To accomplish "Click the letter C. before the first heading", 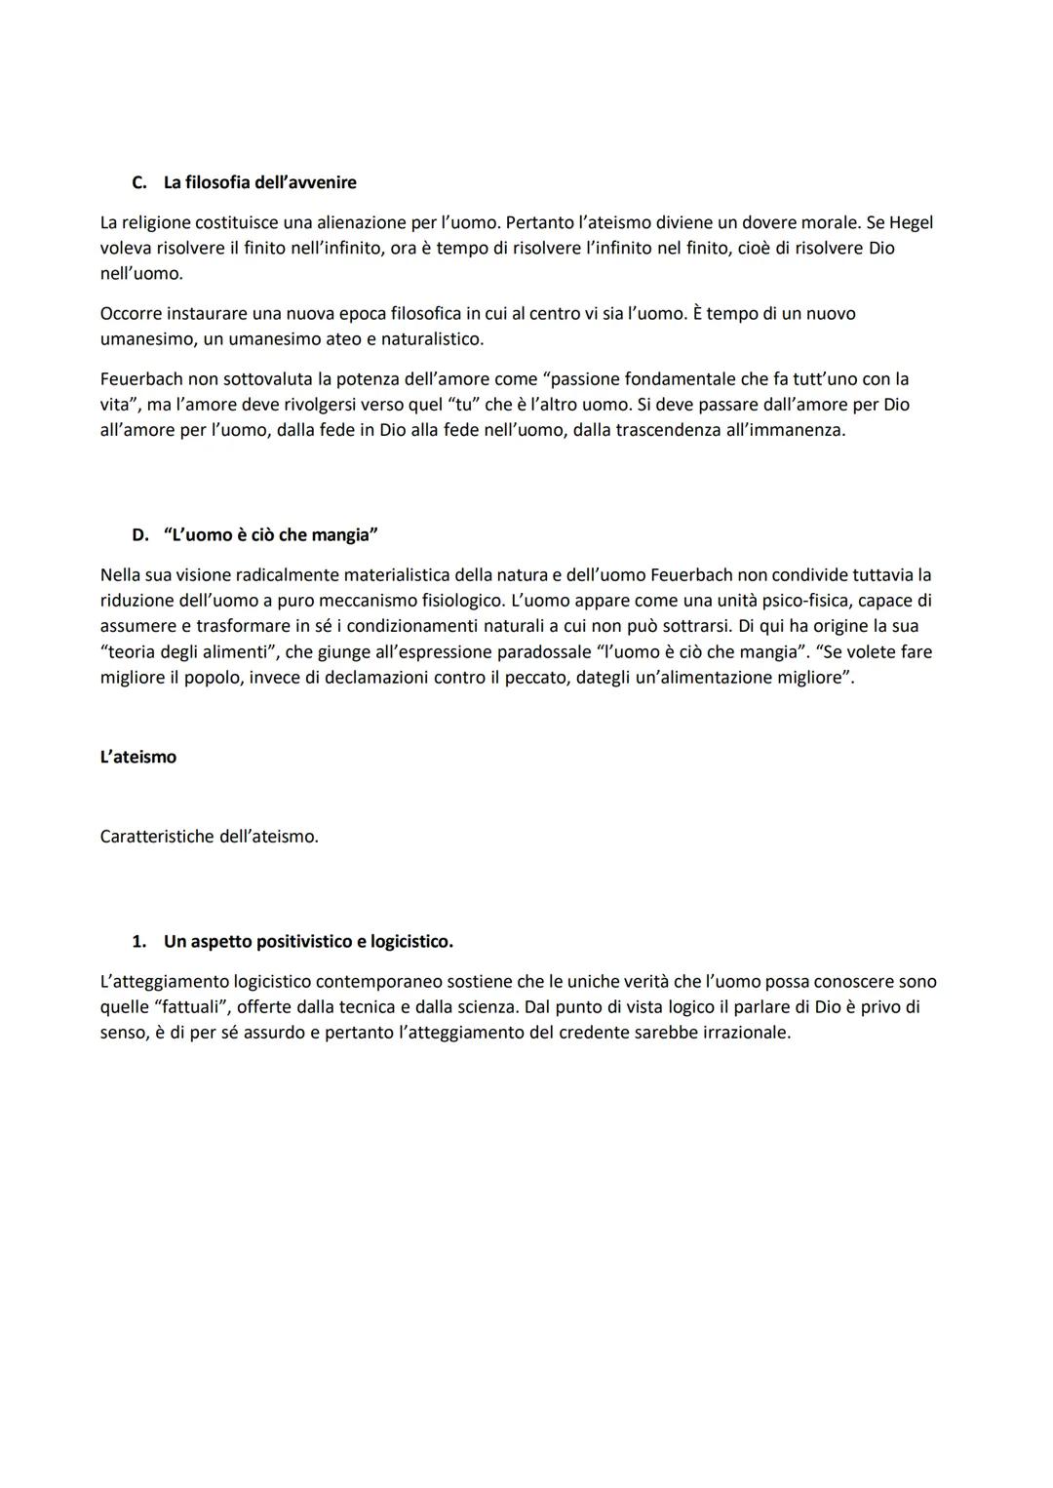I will (x=139, y=182).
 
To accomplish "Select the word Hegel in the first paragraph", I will (x=907, y=222).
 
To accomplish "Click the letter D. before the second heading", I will (x=140, y=535).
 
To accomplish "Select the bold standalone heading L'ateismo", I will (x=138, y=757).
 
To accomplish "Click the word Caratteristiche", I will (x=157, y=837).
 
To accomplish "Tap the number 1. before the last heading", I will (x=139, y=942).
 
